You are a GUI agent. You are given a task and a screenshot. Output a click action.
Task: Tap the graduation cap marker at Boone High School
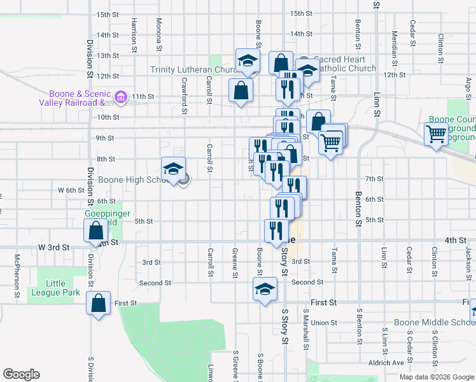click(173, 169)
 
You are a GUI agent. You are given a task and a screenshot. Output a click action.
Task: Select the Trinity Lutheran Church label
click(193, 69)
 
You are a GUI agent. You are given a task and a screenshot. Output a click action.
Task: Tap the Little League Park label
click(63, 288)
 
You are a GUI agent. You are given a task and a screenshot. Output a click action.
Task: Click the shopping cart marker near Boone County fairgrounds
click(436, 134)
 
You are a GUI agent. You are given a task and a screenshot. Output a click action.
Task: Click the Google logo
click(21, 374)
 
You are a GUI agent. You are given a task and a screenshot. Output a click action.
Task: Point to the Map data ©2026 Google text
click(436, 377)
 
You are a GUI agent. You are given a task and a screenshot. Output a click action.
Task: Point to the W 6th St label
click(71, 190)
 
